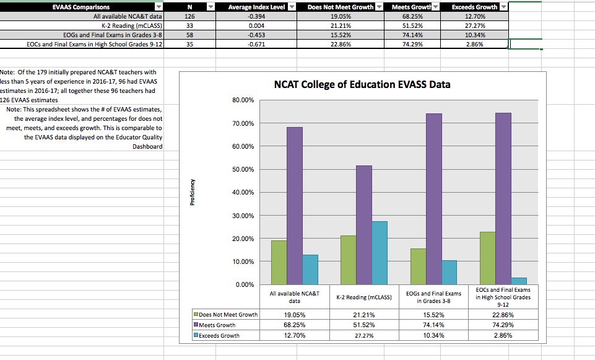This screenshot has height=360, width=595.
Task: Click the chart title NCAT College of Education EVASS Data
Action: click(362, 84)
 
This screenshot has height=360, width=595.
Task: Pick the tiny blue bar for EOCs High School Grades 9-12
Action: click(519, 281)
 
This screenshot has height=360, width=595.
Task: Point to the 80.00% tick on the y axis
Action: click(242, 100)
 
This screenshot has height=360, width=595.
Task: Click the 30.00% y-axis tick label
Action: click(242, 216)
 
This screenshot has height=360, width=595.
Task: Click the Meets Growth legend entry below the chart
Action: click(217, 325)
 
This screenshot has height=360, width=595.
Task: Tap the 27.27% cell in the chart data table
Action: click(364, 335)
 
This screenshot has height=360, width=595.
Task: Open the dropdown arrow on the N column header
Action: click(210, 7)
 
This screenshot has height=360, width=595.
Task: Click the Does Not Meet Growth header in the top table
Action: click(341, 7)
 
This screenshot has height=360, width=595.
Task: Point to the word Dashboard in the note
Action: click(147, 146)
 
